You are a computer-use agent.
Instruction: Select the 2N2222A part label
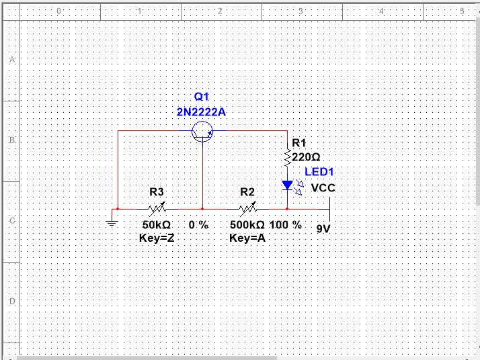tap(202, 112)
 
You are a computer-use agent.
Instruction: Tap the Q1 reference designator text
tap(202, 97)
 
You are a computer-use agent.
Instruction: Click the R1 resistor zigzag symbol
tap(288, 158)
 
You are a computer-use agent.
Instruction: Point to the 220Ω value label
tap(306, 157)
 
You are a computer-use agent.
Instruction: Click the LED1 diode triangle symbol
tap(288, 185)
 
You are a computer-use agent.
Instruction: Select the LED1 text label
tap(319, 172)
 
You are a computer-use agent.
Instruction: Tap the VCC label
tap(323, 188)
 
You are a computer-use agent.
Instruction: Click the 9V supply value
tap(323, 229)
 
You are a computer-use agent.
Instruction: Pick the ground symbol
tap(112, 223)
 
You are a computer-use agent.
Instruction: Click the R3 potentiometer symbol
tap(157, 209)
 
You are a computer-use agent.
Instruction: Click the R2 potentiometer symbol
tap(247, 209)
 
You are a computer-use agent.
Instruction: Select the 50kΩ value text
tap(157, 225)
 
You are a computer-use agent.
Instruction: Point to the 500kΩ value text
tap(247, 225)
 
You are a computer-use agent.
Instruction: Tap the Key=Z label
tap(157, 238)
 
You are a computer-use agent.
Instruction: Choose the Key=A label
tap(247, 238)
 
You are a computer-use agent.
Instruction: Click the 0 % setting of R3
tap(199, 225)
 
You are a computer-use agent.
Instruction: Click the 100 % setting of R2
tap(286, 225)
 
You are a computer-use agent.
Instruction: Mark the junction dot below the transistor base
tap(202, 209)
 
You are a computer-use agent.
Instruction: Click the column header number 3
tap(301, 11)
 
